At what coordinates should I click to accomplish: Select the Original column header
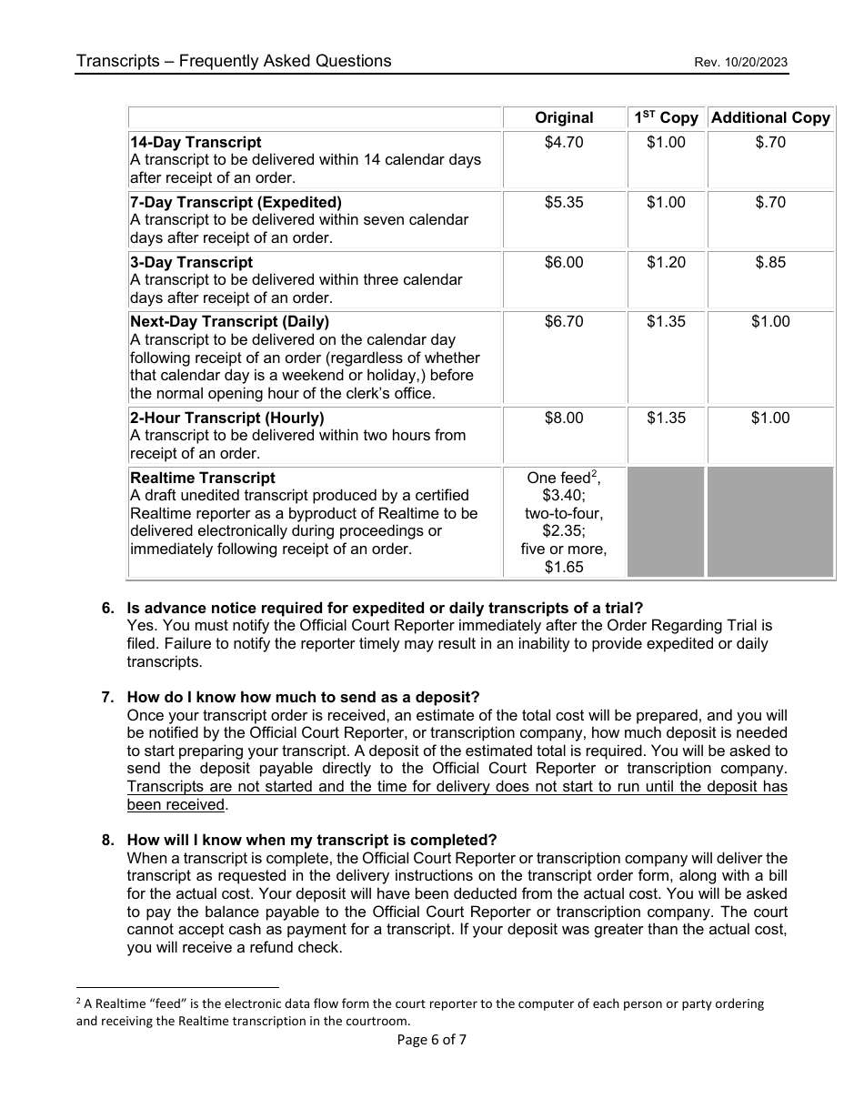[564, 117]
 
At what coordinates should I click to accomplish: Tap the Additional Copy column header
[770, 117]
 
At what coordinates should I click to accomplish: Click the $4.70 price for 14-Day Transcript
[564, 142]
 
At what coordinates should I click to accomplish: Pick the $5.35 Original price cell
[564, 202]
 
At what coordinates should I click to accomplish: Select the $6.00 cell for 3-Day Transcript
[564, 262]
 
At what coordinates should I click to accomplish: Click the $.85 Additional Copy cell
[770, 262]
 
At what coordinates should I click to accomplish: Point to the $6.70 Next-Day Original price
[564, 321]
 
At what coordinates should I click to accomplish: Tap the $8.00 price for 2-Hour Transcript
[564, 418]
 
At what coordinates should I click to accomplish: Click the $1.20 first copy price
[666, 262]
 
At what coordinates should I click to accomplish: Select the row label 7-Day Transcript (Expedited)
[236, 202]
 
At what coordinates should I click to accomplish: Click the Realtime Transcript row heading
[203, 478]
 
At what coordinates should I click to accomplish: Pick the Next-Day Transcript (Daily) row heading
[229, 321]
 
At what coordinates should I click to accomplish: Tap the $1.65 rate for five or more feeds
[564, 567]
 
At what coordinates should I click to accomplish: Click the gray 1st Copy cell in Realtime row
[666, 521]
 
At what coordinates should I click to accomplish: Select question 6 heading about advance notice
[385, 608]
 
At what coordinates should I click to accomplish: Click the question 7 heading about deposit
[303, 697]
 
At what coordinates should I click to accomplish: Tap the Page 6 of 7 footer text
[432, 1040]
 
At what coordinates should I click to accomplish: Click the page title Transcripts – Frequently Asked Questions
[234, 61]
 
